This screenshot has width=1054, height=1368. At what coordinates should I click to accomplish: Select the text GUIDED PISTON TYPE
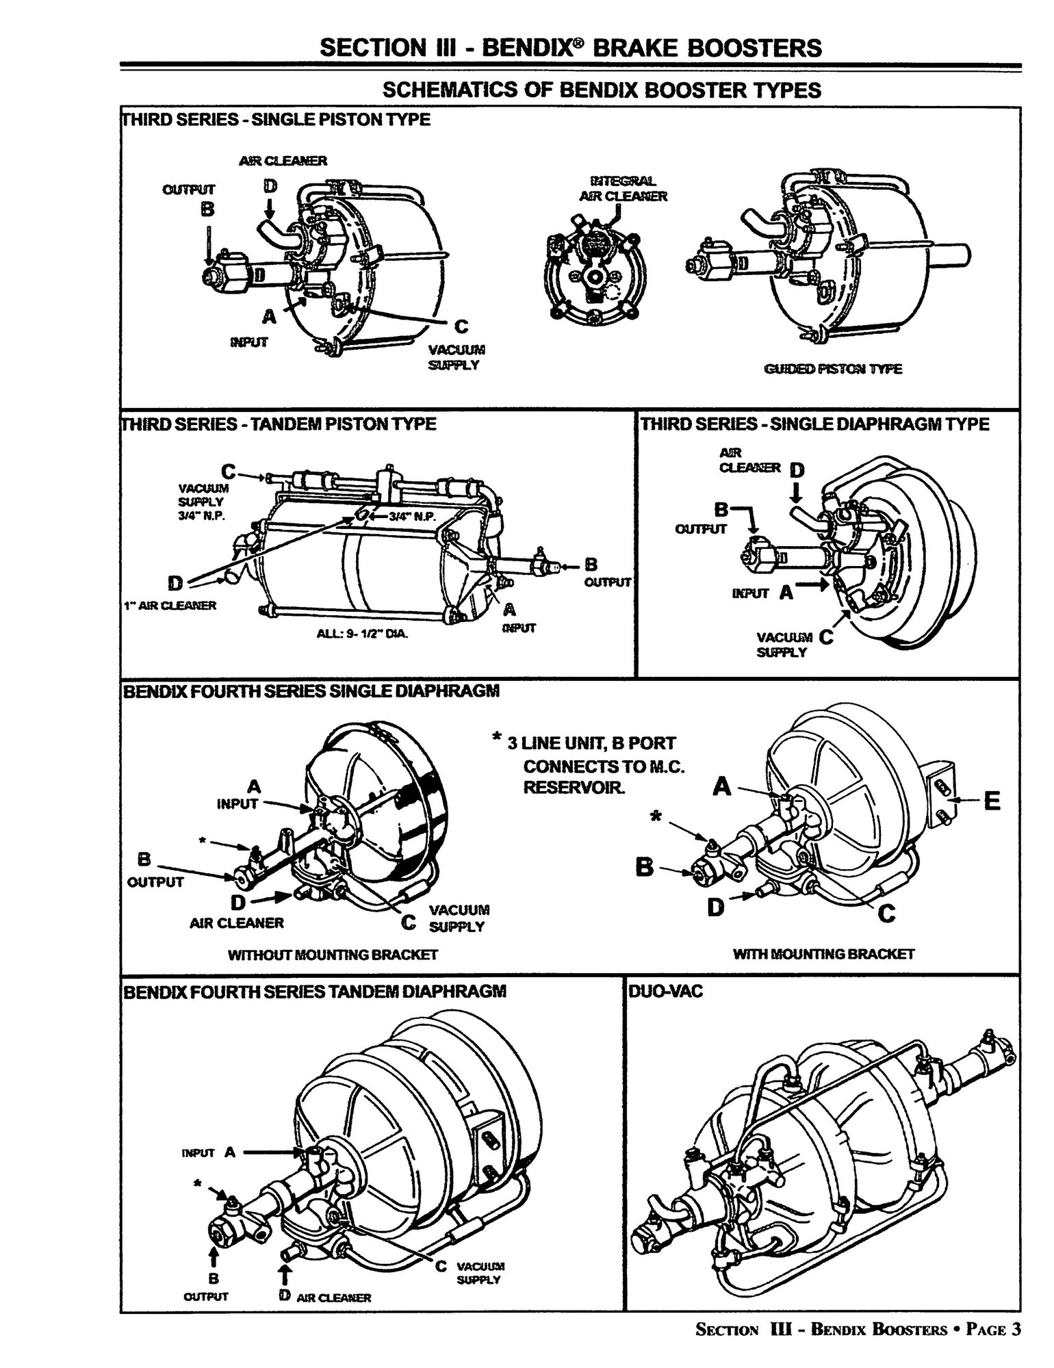[x=832, y=369]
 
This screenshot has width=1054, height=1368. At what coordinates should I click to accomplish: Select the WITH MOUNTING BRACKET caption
[x=823, y=953]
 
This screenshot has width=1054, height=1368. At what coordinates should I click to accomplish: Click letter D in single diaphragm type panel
[x=798, y=470]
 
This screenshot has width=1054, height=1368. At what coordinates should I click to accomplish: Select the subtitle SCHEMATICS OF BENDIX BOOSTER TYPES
[x=601, y=90]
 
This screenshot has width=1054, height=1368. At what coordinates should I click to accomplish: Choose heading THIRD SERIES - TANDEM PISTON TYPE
[x=279, y=424]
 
